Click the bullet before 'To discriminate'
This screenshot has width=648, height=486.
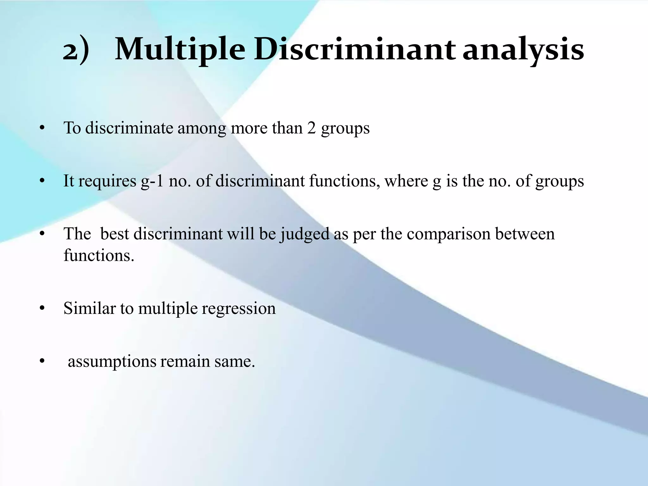[x=41, y=129]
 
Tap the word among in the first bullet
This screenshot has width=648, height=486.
[x=202, y=129]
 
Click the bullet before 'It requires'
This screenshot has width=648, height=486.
[x=41, y=182]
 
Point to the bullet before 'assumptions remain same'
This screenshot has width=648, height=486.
[x=41, y=362]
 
